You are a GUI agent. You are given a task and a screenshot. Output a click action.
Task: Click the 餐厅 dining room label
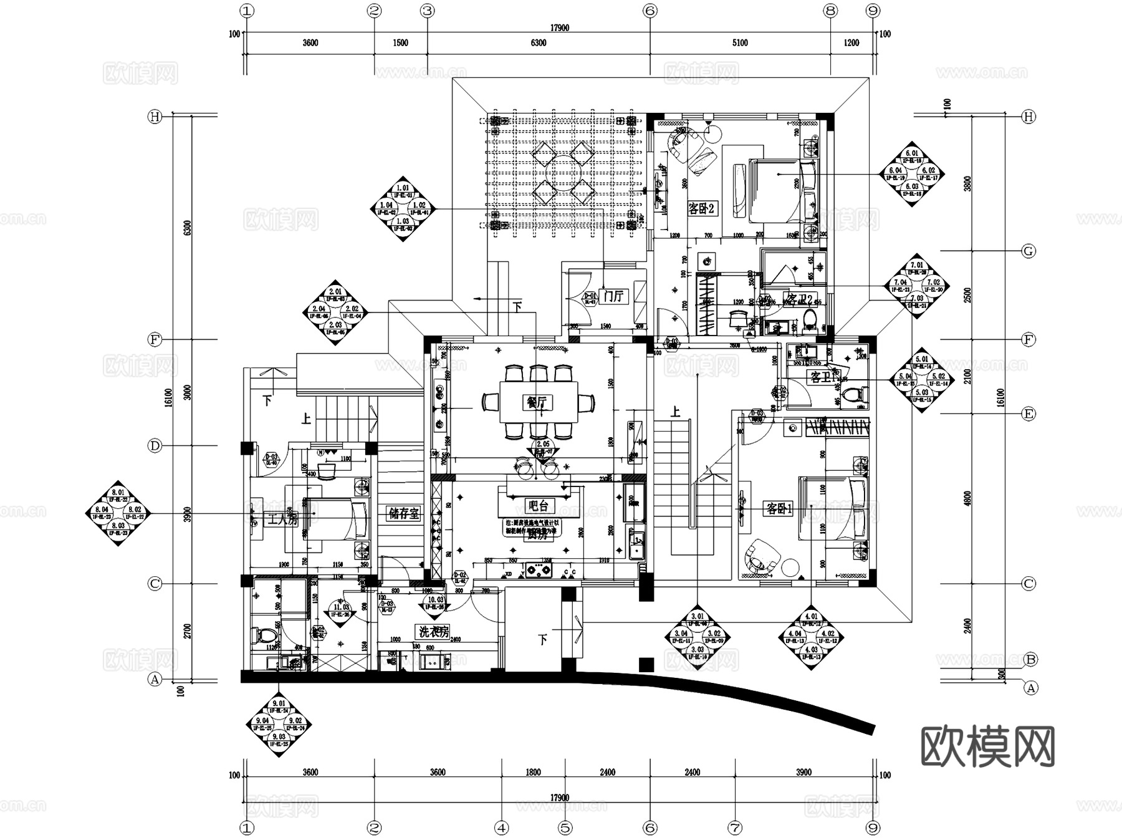[536, 403]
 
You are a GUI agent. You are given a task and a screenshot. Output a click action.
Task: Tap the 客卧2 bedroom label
[701, 209]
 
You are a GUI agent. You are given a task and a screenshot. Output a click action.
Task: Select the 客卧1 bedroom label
[779, 509]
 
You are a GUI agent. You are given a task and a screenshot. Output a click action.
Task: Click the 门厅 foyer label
[614, 296]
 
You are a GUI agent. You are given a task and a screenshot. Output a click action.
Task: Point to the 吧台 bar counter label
[537, 506]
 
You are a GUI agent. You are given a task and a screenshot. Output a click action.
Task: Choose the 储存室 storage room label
[404, 513]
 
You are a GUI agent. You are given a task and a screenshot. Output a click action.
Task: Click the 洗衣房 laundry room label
[434, 632]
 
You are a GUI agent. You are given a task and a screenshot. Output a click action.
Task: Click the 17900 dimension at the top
[559, 28]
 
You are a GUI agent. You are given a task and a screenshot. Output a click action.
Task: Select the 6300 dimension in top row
[538, 43]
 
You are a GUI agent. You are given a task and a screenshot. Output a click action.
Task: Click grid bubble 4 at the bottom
[501, 828]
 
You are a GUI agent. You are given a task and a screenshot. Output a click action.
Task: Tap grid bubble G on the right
[1028, 251]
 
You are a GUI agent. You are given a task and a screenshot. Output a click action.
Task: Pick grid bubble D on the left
[155, 446]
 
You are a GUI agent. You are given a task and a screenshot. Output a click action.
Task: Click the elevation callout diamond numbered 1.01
[403, 208]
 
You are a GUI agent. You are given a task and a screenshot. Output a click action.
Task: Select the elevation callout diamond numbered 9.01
[279, 725]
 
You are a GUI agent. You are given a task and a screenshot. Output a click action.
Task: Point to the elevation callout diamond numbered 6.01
[912, 174]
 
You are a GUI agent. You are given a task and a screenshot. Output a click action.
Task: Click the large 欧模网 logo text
[987, 746]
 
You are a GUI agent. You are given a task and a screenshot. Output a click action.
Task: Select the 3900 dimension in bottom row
[803, 772]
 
